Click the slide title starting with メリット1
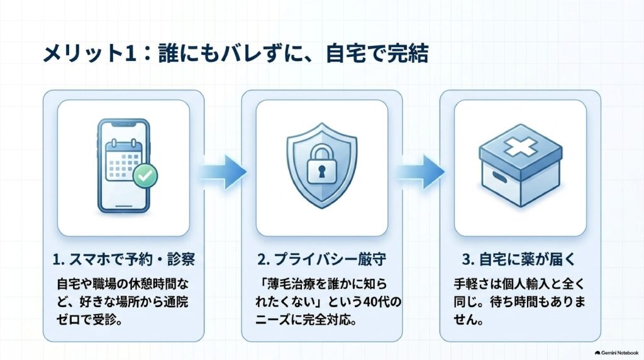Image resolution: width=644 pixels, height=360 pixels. tap(236, 54)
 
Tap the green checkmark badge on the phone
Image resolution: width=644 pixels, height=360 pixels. tap(145, 176)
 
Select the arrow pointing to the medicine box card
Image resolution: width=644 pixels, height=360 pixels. tap(421, 172)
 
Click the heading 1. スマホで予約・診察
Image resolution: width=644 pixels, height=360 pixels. tap(124, 259)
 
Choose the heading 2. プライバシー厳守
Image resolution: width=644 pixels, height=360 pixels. tap(321, 259)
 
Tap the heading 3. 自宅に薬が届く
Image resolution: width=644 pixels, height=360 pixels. tap(519, 259)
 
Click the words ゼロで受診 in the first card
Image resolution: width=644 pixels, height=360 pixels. tap(85, 320)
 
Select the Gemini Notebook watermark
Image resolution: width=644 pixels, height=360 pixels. tap(617, 353)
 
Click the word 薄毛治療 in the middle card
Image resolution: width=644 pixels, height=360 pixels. tap(294, 284)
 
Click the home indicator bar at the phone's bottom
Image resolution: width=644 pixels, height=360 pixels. tap(124, 206)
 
